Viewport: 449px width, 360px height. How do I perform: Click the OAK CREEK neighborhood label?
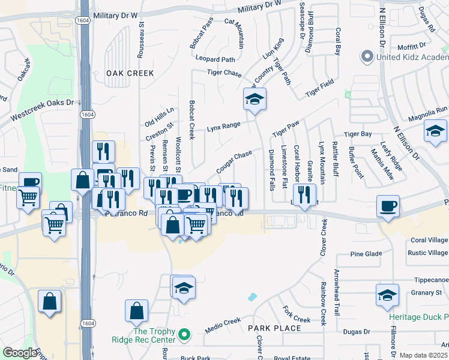(130, 73)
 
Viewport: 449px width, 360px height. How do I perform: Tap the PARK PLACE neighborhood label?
(275, 328)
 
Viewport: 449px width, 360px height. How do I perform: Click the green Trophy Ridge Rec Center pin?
(185, 334)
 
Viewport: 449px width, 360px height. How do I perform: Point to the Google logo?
(20, 353)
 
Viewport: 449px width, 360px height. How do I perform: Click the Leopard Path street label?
(215, 59)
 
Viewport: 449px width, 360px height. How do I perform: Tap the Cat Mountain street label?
(234, 33)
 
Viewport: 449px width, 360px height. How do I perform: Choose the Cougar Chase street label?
(234, 159)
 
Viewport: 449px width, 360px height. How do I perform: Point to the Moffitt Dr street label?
(411, 45)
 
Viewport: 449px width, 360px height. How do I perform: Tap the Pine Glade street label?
(366, 254)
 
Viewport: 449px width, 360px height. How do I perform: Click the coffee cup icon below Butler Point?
(387, 206)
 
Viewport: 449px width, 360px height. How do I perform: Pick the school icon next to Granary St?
(387, 295)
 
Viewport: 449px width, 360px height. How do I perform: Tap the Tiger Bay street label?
(358, 134)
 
